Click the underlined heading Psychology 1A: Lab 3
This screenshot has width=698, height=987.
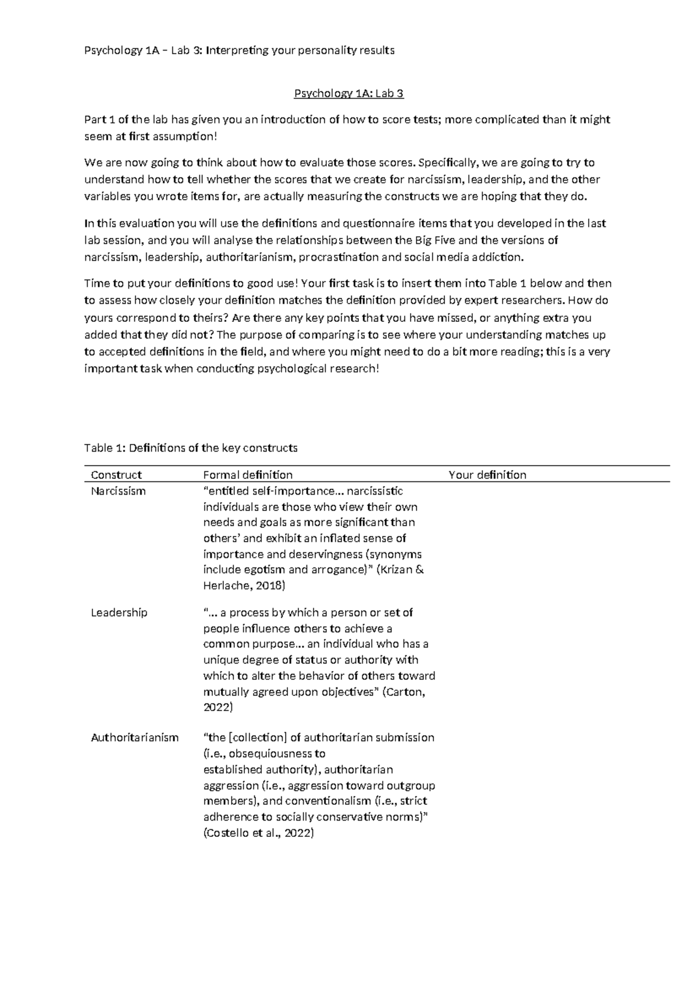point(348,93)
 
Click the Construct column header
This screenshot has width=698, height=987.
point(116,475)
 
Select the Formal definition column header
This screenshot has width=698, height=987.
point(248,475)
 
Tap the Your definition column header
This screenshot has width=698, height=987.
point(487,475)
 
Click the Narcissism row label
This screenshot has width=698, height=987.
point(118,491)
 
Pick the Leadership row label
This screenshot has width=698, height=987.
point(119,613)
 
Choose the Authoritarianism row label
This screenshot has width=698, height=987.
point(134,738)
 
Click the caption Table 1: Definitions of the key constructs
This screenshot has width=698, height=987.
point(191,448)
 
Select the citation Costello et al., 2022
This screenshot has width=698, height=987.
point(258,833)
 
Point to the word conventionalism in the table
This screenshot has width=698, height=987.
point(328,801)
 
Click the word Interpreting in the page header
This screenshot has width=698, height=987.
point(237,51)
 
